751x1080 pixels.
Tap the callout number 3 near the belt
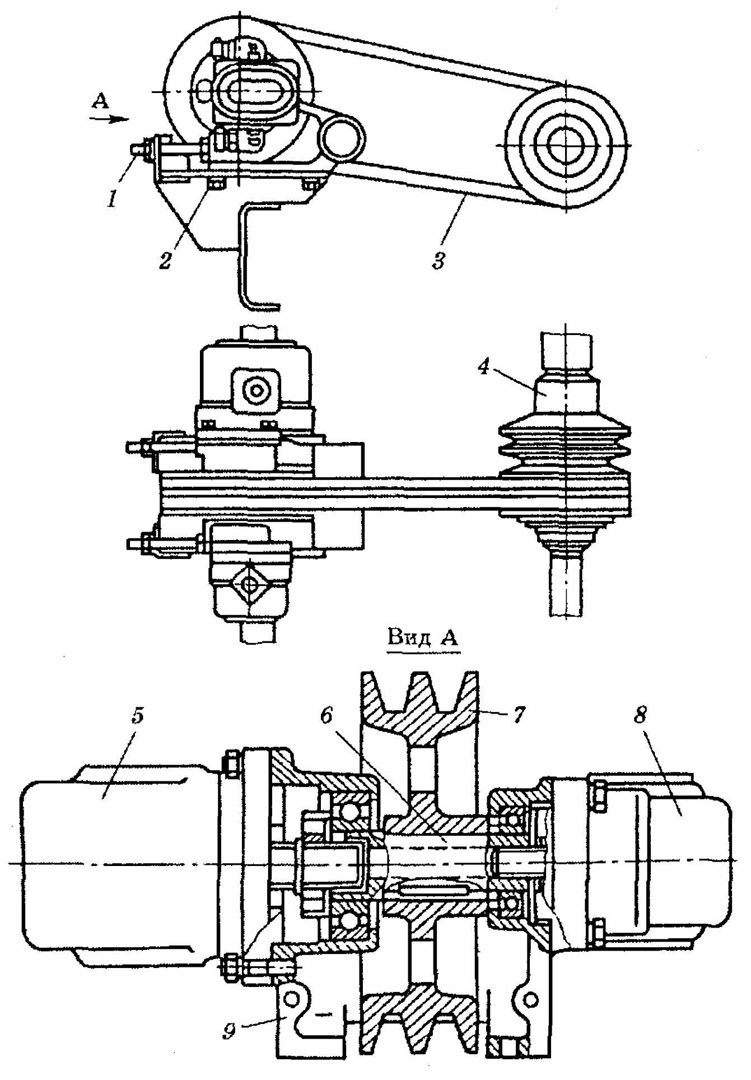point(440,259)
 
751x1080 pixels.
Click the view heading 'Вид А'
point(423,638)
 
